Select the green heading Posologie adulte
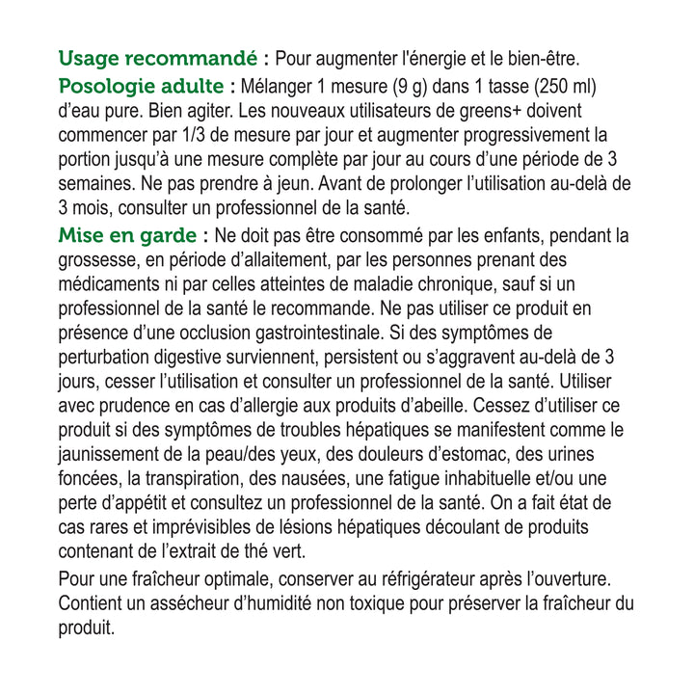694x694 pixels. pos(141,86)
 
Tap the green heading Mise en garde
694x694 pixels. pos(128,235)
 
